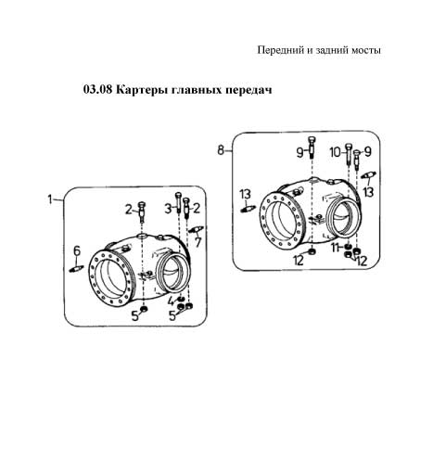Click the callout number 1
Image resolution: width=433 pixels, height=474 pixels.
[x=49, y=199]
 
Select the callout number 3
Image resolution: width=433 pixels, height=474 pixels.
[x=168, y=209]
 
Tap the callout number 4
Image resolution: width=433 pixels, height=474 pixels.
[x=171, y=301]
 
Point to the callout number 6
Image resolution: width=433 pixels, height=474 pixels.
[x=77, y=250]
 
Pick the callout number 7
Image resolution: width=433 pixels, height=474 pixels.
[x=197, y=242]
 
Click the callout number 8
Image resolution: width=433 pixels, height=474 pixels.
[x=221, y=150]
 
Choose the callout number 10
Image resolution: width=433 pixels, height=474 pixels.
[x=335, y=152]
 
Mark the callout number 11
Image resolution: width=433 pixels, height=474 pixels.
[x=335, y=248]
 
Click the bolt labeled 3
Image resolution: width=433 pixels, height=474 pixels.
[x=179, y=201]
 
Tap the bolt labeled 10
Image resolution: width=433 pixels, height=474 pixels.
[x=349, y=153]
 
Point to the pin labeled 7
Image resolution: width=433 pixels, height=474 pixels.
[x=196, y=229]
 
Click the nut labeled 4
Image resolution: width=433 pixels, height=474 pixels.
[x=181, y=299]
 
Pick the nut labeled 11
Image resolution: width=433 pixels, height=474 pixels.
[x=348, y=247]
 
